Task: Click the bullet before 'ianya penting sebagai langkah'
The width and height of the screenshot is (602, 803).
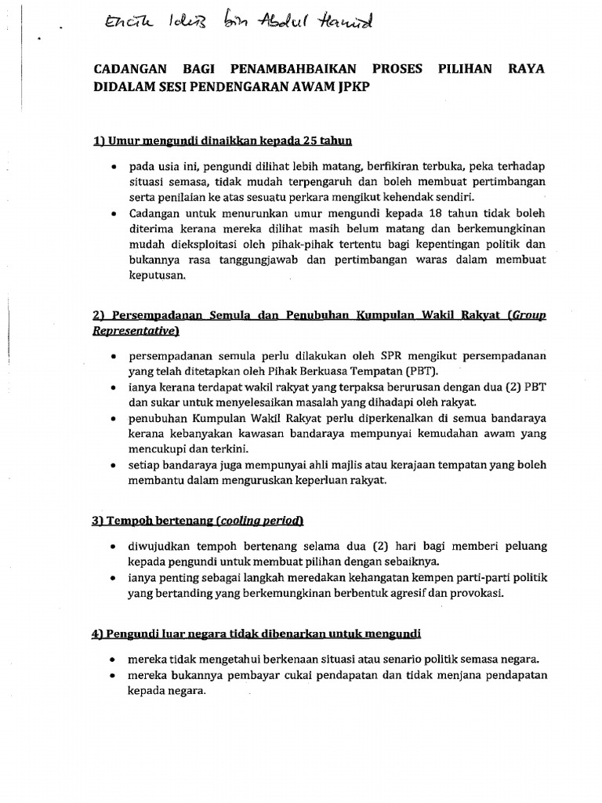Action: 115,578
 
